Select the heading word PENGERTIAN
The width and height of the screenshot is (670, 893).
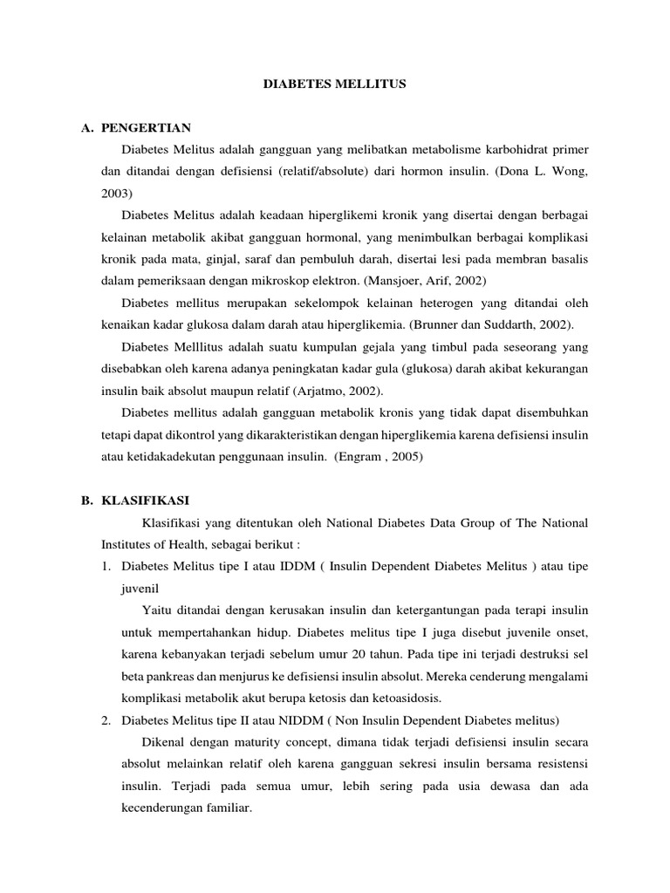[x=146, y=127]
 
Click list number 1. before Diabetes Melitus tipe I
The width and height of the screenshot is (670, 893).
[x=106, y=566]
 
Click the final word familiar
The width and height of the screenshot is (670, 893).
[x=226, y=807]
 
